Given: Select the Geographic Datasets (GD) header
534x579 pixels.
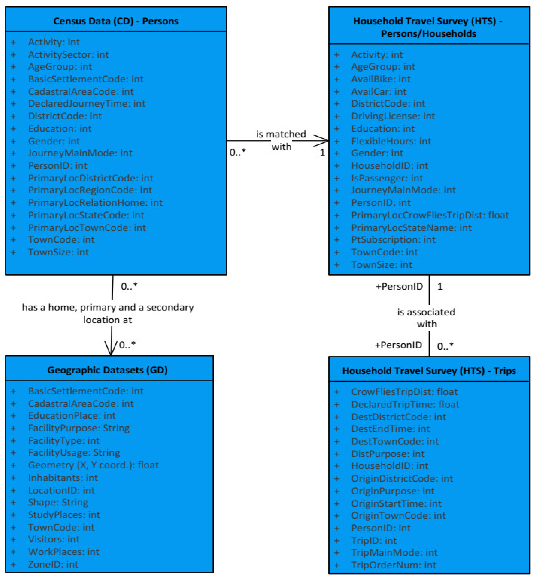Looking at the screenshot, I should pyautogui.click(x=107, y=370).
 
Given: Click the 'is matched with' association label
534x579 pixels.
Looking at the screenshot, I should pyautogui.click(x=281, y=140).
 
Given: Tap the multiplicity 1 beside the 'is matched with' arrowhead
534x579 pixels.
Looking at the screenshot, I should pyautogui.click(x=322, y=152).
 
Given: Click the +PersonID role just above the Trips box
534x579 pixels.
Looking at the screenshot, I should pyautogui.click(x=398, y=345).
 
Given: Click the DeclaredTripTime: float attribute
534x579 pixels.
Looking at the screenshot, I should pyautogui.click(x=405, y=404).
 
